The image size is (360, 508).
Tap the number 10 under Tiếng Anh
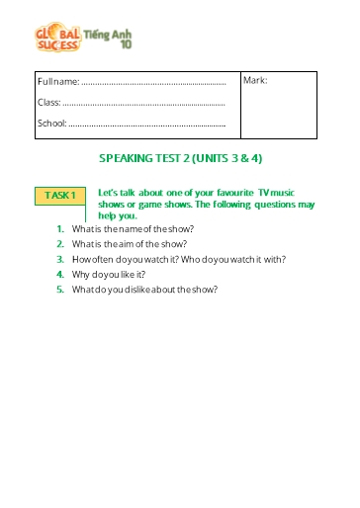(126, 43)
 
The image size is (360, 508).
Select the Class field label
(48, 102)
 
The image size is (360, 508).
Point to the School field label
(51, 124)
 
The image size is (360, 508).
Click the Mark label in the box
(256, 81)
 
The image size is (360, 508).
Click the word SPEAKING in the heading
(129, 158)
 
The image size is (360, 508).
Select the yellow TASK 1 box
(59, 196)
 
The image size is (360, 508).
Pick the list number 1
(60, 228)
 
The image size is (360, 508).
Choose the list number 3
(60, 259)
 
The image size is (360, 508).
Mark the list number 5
(60, 290)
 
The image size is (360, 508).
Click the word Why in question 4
(81, 275)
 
